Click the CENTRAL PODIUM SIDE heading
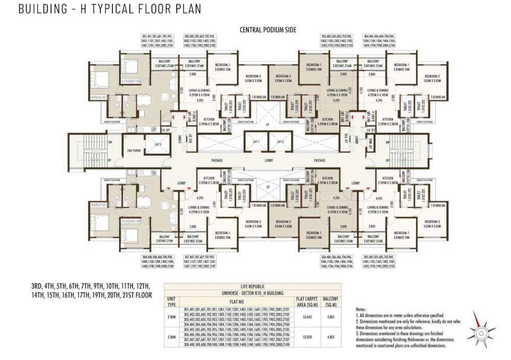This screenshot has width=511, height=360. click(x=268, y=30)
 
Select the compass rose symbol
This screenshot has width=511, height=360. click(x=481, y=332)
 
